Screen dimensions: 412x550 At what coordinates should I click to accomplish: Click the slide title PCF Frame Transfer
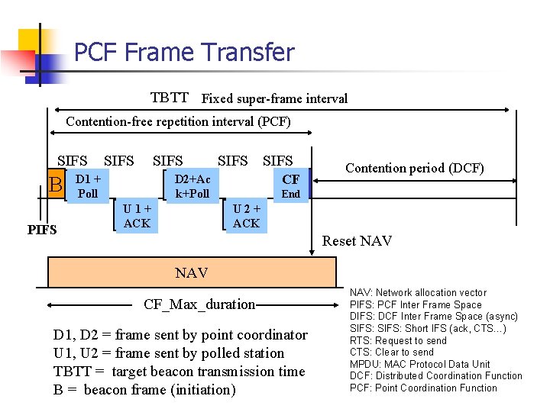[183, 53]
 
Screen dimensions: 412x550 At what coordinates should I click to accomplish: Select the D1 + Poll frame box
[89, 185]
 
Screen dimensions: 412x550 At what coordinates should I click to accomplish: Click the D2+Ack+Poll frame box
[192, 185]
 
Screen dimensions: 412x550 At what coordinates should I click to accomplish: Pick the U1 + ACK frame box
[137, 215]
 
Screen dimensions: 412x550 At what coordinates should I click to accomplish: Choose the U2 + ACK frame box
[246, 215]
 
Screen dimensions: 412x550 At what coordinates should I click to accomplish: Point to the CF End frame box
[290, 185]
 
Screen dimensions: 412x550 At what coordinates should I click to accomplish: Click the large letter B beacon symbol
[55, 185]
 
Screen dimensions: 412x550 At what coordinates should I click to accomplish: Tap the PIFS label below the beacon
[42, 229]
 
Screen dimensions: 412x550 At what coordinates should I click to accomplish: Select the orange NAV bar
[191, 272]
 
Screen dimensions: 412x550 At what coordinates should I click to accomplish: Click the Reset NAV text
[357, 241]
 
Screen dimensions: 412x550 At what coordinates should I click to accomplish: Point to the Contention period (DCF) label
[415, 168]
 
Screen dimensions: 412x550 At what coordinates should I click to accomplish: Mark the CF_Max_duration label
[199, 304]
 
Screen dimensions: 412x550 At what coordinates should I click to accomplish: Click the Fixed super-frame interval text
[273, 98]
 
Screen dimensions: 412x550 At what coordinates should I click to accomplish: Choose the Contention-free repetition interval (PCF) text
[178, 121]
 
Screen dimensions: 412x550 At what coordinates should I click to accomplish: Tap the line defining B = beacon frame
[144, 390]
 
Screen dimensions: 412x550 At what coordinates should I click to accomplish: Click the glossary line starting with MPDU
[419, 364]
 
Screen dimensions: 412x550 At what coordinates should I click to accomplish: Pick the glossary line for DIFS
[433, 317]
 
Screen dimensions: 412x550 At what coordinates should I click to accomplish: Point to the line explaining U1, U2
[168, 353]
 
